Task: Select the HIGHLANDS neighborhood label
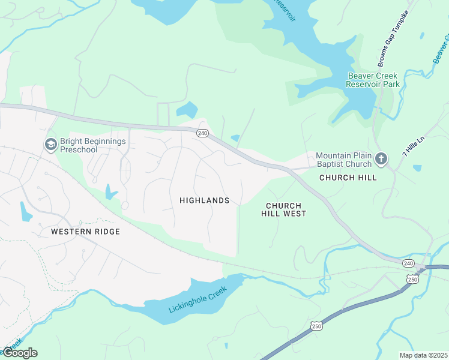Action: (x=204, y=200)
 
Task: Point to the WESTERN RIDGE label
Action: (x=85, y=232)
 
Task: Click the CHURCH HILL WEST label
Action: (x=286, y=209)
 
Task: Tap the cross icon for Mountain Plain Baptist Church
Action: (x=380, y=159)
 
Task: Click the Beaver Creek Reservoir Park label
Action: (x=372, y=80)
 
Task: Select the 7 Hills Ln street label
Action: (x=413, y=146)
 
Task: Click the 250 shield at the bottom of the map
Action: (x=316, y=326)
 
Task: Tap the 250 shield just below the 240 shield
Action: (x=412, y=279)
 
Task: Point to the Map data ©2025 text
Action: (x=423, y=355)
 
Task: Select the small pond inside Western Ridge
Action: (x=26, y=212)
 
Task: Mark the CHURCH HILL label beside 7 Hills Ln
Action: (x=348, y=178)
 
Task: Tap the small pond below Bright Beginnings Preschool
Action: (x=109, y=192)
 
